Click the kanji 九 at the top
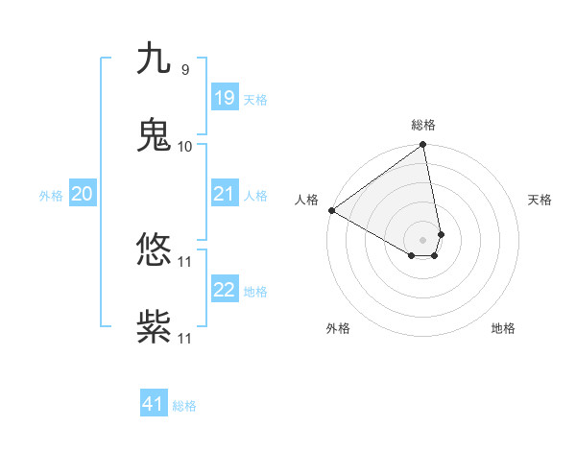[x=154, y=59]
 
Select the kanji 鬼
[x=154, y=135]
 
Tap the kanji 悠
[x=154, y=250]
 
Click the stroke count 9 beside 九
[x=184, y=69]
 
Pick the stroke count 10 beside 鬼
[x=185, y=146]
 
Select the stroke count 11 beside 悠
[x=185, y=261]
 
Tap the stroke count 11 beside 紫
[x=185, y=338]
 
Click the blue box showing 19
[x=225, y=98]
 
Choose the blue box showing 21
[x=225, y=194]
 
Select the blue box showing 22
[x=225, y=290]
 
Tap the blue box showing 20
[x=82, y=194]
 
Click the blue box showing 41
[x=154, y=404]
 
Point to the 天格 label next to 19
[x=255, y=100]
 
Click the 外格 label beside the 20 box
[x=51, y=196]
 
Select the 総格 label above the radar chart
[x=423, y=125]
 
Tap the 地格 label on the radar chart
[x=503, y=328]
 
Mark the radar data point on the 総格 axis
[x=423, y=146]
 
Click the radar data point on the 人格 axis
[x=331, y=210]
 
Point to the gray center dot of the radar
[x=423, y=239]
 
